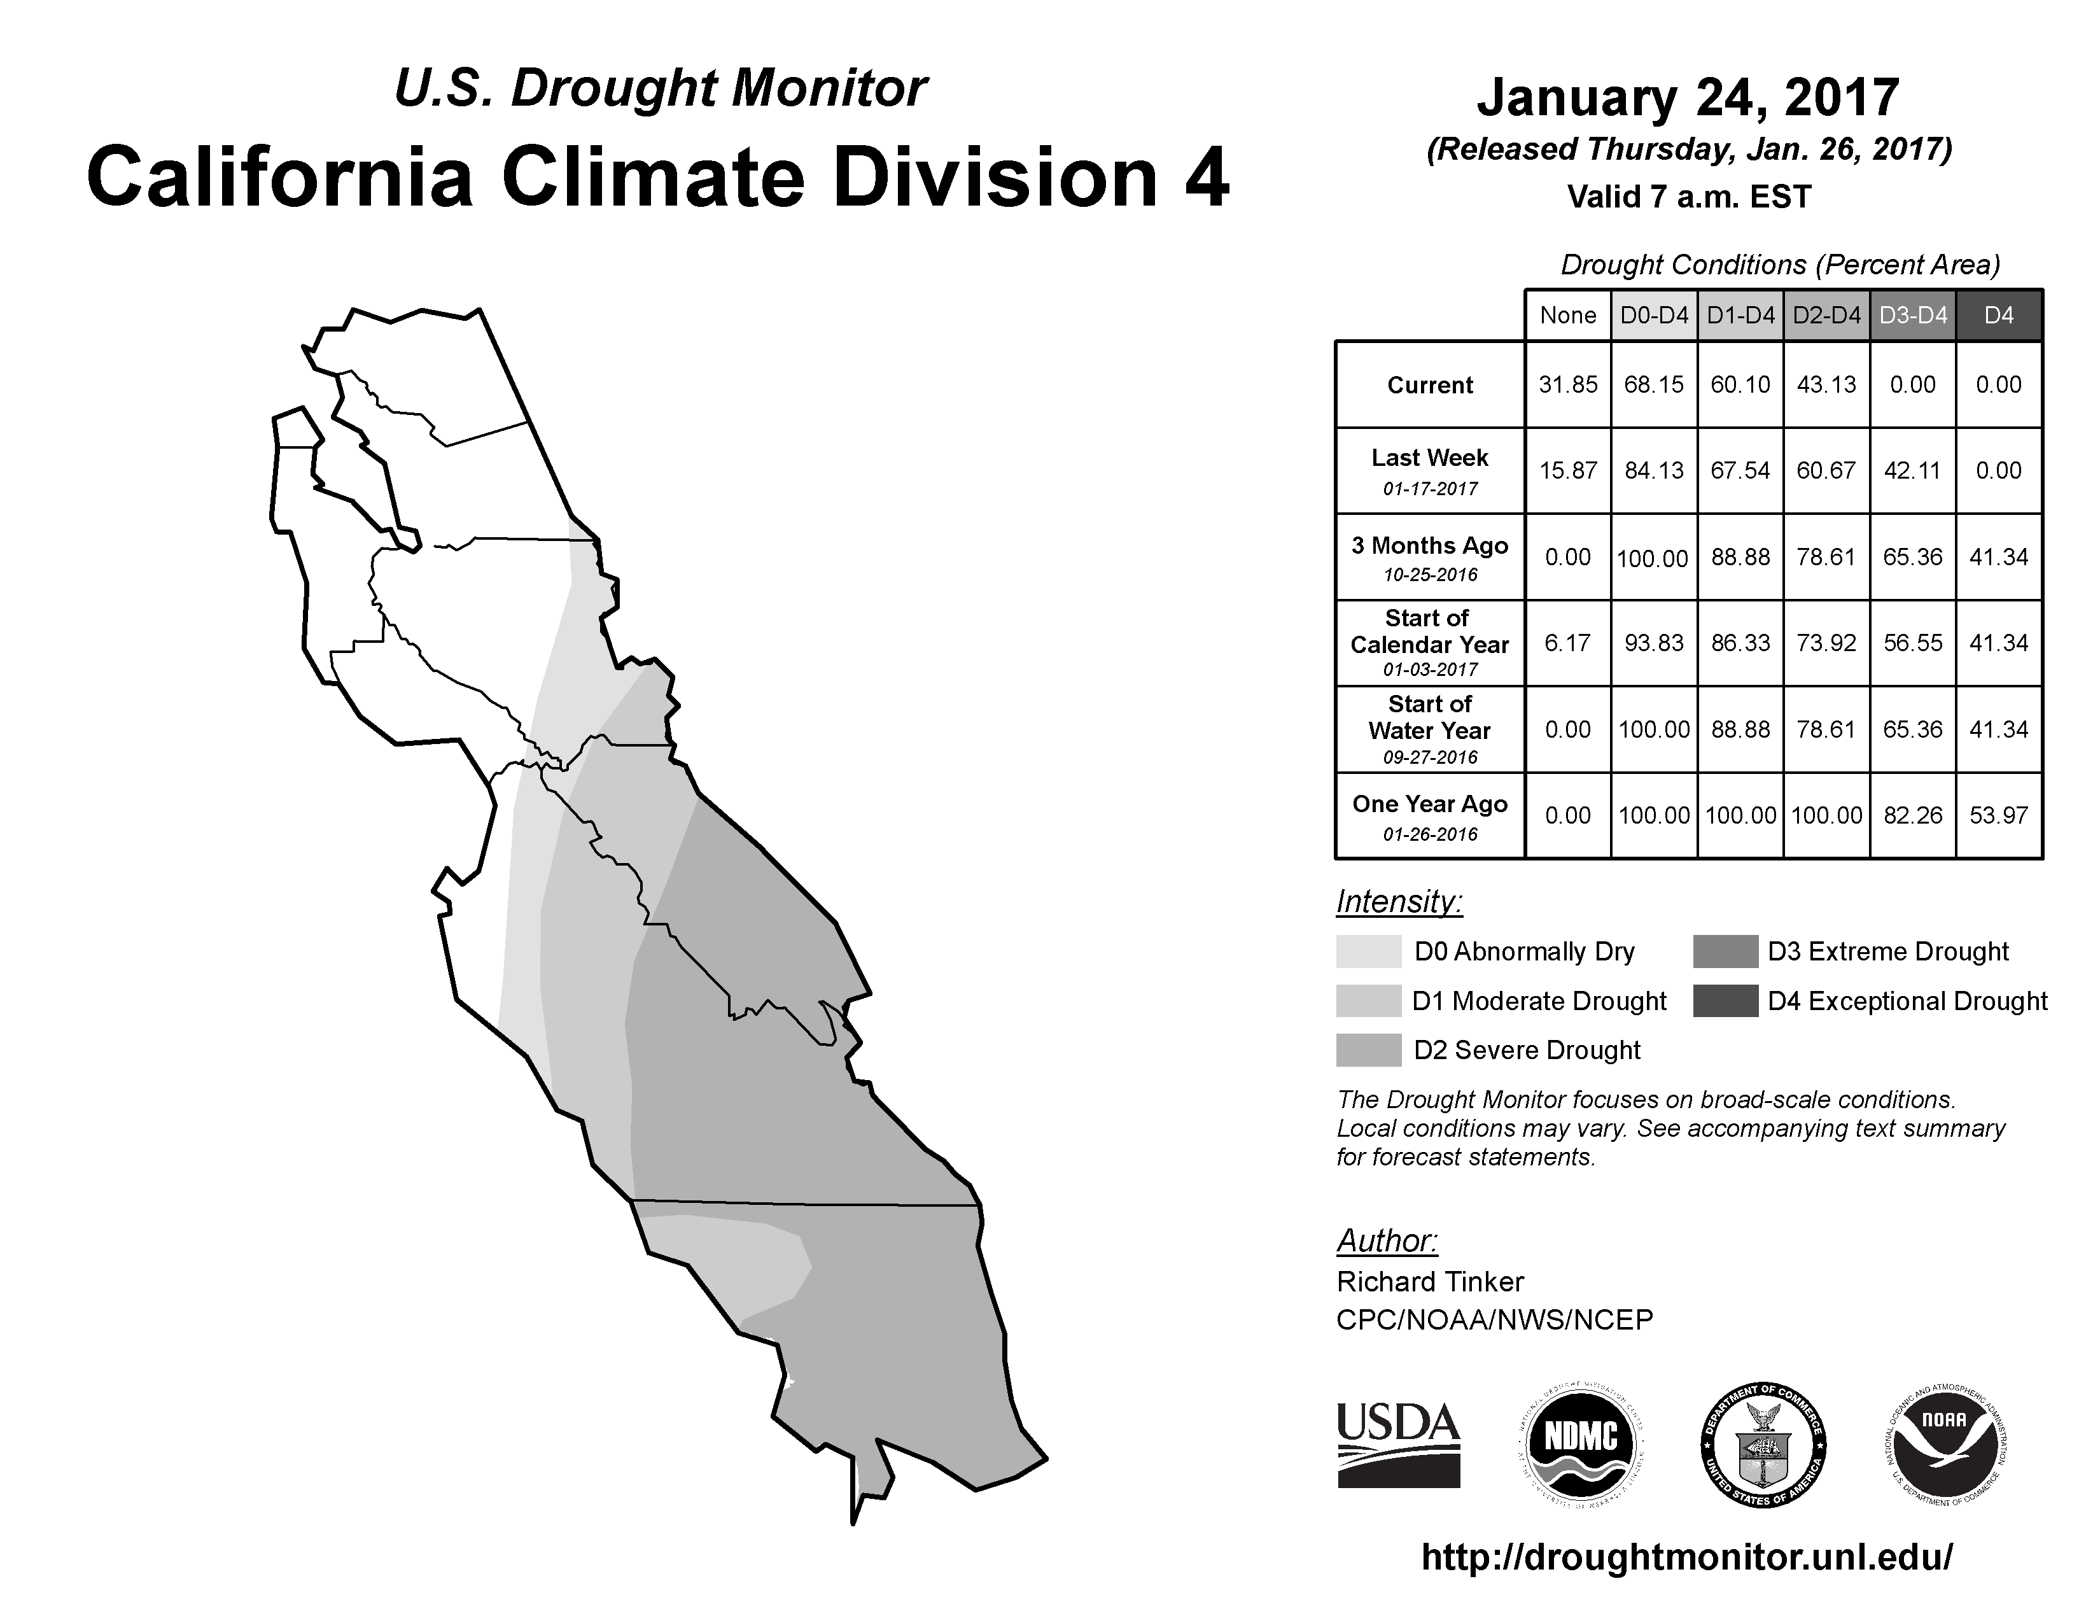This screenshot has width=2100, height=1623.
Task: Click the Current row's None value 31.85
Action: pyautogui.click(x=1567, y=384)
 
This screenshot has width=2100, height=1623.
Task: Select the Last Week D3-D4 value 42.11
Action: pyautogui.click(x=1912, y=470)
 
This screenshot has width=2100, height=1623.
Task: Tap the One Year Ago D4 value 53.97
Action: pyautogui.click(x=1998, y=815)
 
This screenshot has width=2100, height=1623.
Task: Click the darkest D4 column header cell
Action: pyautogui.click(x=1999, y=315)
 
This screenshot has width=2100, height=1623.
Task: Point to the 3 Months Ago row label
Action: pyautogui.click(x=1430, y=558)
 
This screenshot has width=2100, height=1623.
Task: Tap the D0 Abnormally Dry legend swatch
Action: pyautogui.click(x=1368, y=951)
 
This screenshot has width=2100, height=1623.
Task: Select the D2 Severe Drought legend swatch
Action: pyautogui.click(x=1368, y=1050)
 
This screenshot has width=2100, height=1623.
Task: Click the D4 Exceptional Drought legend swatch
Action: pyautogui.click(x=1725, y=1001)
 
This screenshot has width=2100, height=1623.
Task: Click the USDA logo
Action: pyautogui.click(x=1398, y=1446)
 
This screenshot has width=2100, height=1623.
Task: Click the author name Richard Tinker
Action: pyautogui.click(x=1430, y=1282)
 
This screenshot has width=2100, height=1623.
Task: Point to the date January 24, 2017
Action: pyautogui.click(x=1688, y=97)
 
